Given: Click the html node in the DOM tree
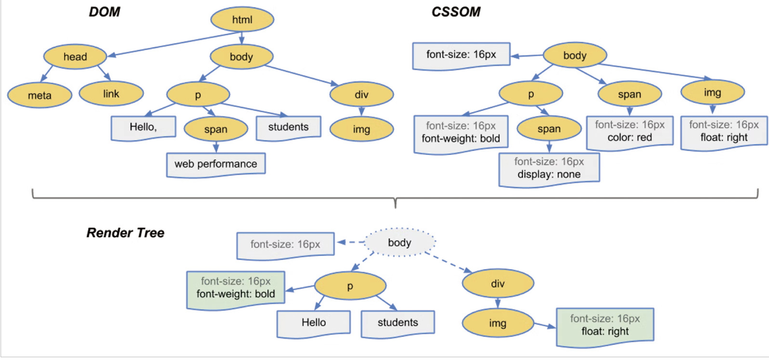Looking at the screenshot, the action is pos(242,19).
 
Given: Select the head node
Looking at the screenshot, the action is pos(75,56).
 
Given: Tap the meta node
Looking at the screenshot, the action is pos(40,95).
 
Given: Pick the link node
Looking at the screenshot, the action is pos(111,94).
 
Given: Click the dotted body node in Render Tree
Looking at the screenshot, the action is pos(400,242).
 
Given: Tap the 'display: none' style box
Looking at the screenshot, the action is pos(549,169).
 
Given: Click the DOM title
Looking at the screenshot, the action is pos(104,12).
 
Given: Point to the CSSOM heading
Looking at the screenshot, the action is pos(456,12).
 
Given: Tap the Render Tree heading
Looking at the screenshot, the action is pos(125,233).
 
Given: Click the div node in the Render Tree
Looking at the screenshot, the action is pos(498,283).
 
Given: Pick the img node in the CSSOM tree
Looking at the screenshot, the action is pos(713,92).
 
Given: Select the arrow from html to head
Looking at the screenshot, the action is pos(174,44).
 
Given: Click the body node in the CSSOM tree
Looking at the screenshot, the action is pos(575,55).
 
